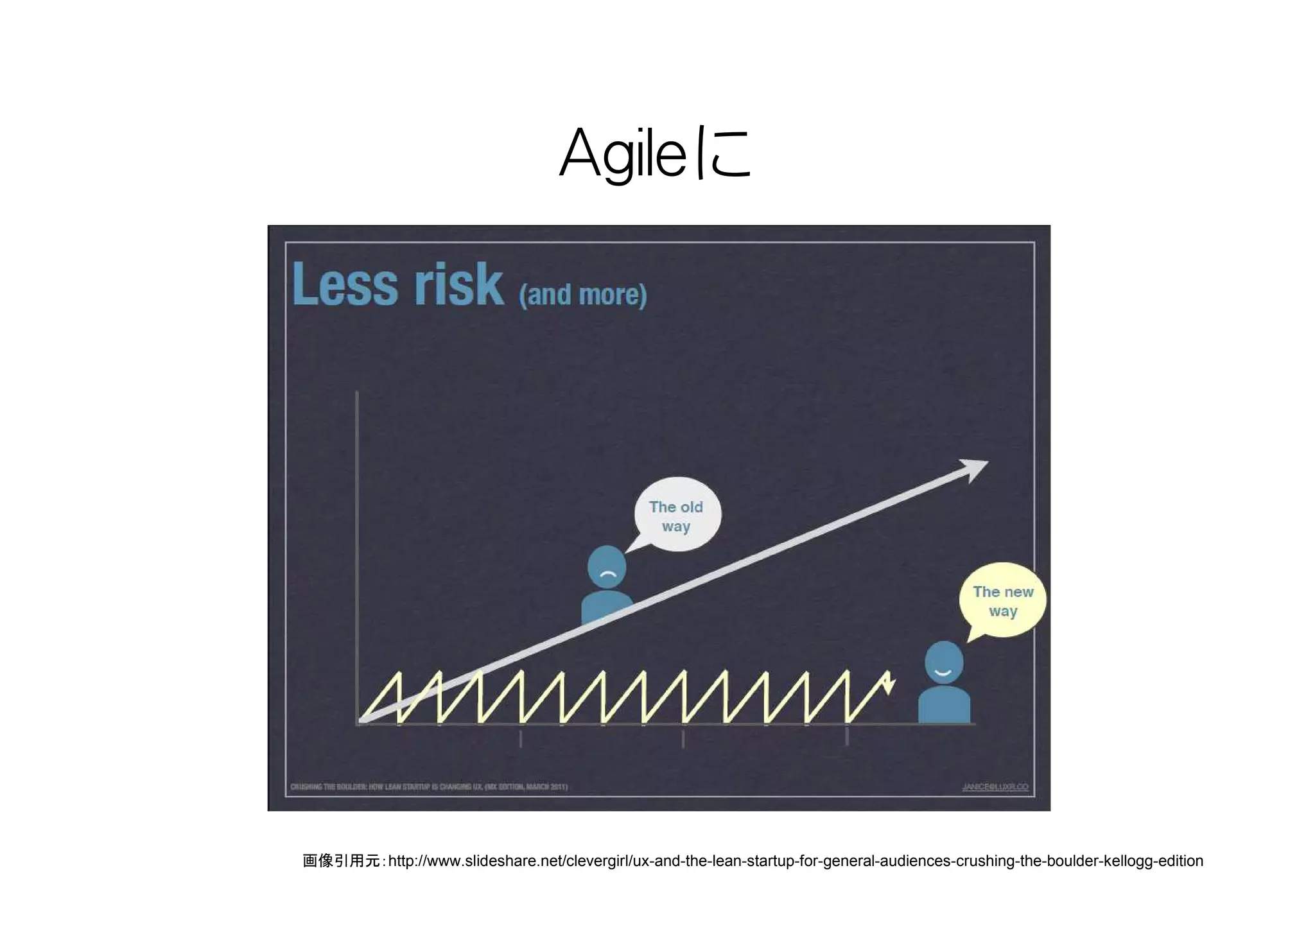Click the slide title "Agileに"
(655, 154)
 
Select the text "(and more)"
(582, 295)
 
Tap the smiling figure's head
(943, 663)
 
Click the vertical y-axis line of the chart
(357, 552)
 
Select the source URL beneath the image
(796, 861)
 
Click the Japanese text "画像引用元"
(341, 861)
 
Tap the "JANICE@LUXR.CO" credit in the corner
(995, 786)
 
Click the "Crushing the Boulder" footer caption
(429, 786)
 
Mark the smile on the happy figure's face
(943, 672)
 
